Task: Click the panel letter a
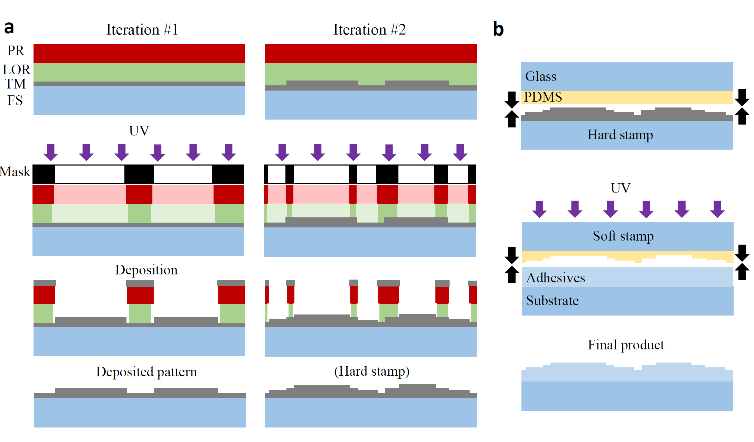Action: pyautogui.click(x=9, y=28)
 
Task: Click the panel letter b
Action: pyautogui.click(x=498, y=29)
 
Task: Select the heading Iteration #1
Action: pyautogui.click(x=142, y=30)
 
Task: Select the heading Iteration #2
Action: pyautogui.click(x=369, y=30)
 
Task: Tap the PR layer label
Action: pyautogui.click(x=16, y=51)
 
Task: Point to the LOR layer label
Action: pyautogui.click(x=16, y=69)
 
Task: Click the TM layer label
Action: pyautogui.click(x=15, y=84)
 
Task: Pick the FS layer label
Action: pyautogui.click(x=15, y=101)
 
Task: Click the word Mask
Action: pyautogui.click(x=15, y=172)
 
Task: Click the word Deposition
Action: pyautogui.click(x=146, y=270)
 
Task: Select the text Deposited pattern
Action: pyautogui.click(x=146, y=372)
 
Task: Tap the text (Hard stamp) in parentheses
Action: pyautogui.click(x=371, y=372)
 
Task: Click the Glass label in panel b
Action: pyautogui.click(x=541, y=76)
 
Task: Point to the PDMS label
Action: pyautogui.click(x=543, y=97)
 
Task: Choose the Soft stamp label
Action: pyautogui.click(x=623, y=236)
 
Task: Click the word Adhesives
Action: pyautogui.click(x=555, y=278)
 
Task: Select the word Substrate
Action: pyautogui.click(x=552, y=301)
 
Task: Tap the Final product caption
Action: pyautogui.click(x=626, y=345)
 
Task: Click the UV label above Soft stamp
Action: pyautogui.click(x=620, y=188)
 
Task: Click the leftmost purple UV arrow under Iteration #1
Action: pyautogui.click(x=51, y=152)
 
